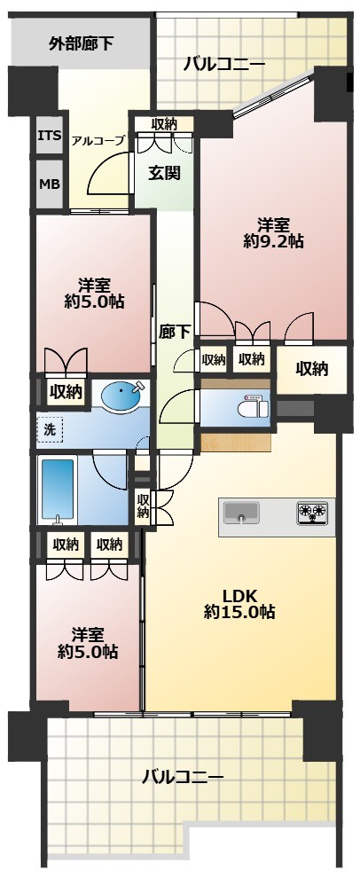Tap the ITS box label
click(49, 137)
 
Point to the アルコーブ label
click(98, 140)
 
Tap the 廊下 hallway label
click(174, 331)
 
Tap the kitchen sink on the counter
click(240, 513)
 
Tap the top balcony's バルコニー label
click(224, 64)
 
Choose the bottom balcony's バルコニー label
click(183, 778)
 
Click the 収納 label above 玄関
click(164, 124)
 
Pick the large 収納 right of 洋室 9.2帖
click(312, 368)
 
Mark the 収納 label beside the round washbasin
click(66, 390)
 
